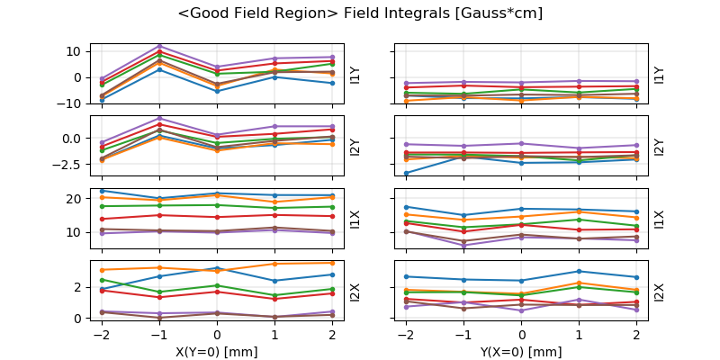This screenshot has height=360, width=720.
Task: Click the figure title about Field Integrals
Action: point(360,13)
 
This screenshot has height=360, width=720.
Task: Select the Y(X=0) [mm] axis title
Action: point(523,352)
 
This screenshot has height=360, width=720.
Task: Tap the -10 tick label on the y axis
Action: point(71,103)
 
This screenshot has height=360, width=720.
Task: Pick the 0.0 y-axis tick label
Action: point(73,138)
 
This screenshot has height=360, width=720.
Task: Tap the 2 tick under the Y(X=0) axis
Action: point(637,334)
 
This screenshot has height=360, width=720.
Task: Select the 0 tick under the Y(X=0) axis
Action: point(523,334)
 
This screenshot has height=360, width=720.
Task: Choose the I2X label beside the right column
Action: point(660,292)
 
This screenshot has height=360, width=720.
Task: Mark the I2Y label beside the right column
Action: point(660,147)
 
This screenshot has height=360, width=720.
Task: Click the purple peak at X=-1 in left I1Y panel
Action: point(159,46)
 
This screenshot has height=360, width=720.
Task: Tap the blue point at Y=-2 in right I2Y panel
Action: point(407,173)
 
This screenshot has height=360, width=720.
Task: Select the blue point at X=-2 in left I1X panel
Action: point(103,191)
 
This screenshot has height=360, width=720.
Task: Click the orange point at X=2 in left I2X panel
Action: point(332,263)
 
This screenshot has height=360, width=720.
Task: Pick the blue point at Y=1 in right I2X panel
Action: point(580,271)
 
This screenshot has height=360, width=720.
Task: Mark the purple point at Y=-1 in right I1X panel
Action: point(464,245)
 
